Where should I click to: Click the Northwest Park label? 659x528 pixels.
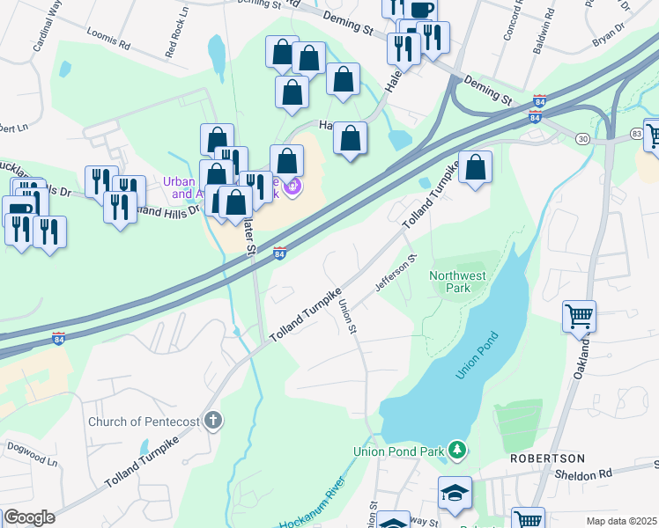click(x=457, y=282)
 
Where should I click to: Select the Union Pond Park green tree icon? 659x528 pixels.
click(x=456, y=451)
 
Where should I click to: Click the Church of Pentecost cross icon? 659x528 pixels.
click(x=212, y=421)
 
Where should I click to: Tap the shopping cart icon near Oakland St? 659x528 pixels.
click(x=579, y=314)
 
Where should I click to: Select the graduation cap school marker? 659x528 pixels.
click(x=455, y=493)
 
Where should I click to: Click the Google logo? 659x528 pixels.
click(x=28, y=517)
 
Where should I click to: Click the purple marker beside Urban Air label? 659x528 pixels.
click(x=293, y=187)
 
